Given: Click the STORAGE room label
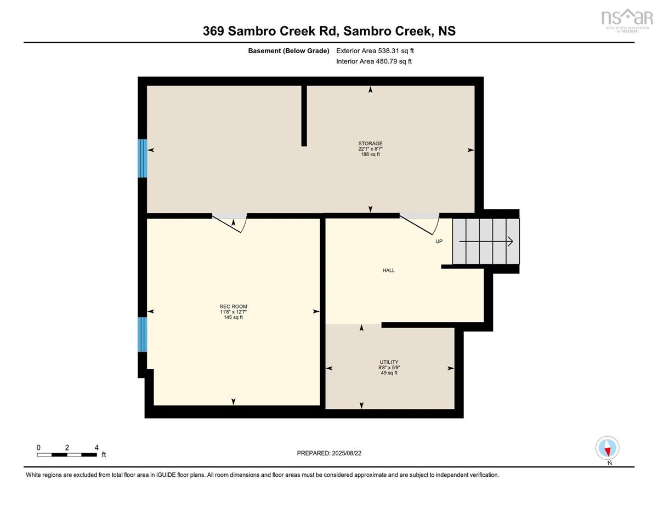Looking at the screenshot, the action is [x=370, y=144].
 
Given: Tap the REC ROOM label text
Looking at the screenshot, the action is [x=233, y=306].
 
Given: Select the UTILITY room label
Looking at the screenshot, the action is [x=389, y=362].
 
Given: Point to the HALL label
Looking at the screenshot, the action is [x=389, y=271].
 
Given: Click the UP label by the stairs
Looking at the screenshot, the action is [x=439, y=242].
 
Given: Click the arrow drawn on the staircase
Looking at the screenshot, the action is [x=486, y=242].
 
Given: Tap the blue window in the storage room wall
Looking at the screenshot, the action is [x=143, y=158].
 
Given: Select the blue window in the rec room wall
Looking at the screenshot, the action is [x=143, y=334].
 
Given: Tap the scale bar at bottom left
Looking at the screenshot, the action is [x=67, y=455].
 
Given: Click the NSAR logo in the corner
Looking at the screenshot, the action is [x=627, y=20].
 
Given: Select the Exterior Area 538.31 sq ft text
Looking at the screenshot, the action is [x=375, y=51].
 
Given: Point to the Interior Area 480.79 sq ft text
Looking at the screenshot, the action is [x=374, y=61].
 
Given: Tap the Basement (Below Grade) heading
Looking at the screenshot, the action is [x=288, y=51].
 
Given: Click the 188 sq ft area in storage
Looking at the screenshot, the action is [x=370, y=155].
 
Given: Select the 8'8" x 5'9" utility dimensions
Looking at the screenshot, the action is [x=389, y=368].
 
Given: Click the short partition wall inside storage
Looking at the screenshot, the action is [x=304, y=116].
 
